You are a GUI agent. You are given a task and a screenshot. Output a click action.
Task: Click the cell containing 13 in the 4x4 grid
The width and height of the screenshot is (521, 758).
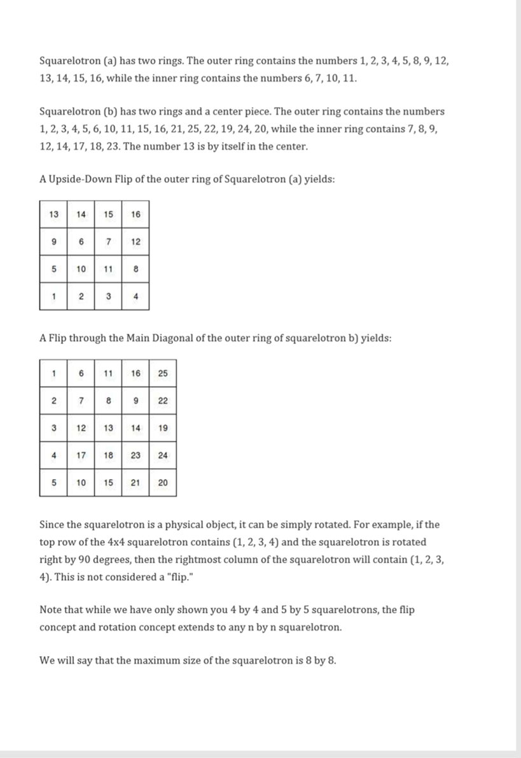(x=53, y=214)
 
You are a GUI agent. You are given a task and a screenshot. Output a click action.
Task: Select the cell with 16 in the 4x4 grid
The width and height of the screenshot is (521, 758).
(x=135, y=214)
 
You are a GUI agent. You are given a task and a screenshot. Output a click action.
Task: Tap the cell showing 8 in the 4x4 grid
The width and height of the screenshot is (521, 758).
(x=135, y=269)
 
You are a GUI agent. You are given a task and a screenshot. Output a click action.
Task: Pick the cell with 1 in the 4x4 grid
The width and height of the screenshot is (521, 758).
(x=53, y=296)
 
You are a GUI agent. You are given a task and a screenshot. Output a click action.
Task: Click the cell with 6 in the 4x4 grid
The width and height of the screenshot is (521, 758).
(x=81, y=241)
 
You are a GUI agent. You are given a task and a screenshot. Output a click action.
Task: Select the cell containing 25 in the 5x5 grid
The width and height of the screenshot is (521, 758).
(x=163, y=373)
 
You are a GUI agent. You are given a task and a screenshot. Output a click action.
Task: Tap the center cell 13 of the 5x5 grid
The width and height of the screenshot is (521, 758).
(x=108, y=428)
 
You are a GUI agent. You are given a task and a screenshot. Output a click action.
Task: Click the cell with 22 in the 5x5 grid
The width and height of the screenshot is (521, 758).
(x=163, y=401)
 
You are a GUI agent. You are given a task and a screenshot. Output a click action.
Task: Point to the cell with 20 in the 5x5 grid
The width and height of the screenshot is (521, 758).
(x=163, y=483)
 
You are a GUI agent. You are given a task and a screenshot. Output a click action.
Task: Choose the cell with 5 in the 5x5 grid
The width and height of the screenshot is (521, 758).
(x=53, y=483)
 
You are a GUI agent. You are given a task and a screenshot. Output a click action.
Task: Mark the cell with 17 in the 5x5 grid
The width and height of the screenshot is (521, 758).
(x=81, y=455)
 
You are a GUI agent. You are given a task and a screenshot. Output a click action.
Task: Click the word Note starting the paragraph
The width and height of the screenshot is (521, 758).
(x=50, y=610)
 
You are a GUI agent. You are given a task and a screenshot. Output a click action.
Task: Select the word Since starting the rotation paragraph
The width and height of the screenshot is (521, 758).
(x=52, y=526)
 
